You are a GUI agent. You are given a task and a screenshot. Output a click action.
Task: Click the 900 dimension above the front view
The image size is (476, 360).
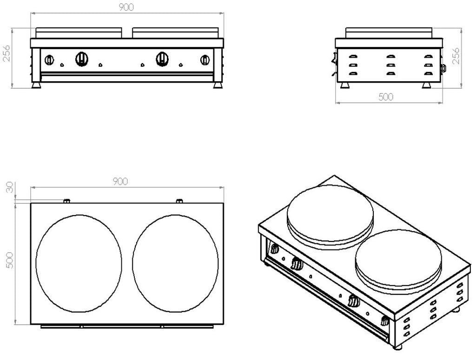[127, 7]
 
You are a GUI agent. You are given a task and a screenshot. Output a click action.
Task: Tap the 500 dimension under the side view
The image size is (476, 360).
[386, 97]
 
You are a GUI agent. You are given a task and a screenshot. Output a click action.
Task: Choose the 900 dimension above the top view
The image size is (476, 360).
[120, 181]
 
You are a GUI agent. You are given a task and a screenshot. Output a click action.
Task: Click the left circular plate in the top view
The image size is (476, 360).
[79, 264]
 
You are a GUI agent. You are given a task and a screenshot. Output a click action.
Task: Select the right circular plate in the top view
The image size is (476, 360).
[175, 264]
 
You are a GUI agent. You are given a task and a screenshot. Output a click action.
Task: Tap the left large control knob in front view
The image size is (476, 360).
[81, 58]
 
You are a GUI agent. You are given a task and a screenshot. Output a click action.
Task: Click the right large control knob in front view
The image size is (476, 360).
[162, 58]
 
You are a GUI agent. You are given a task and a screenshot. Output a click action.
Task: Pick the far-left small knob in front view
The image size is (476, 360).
[49, 59]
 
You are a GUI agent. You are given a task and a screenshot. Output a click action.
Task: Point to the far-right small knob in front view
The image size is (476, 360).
[205, 59]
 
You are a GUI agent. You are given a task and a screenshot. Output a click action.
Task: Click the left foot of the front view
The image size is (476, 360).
[36, 86]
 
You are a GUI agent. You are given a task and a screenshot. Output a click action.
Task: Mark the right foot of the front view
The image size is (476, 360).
[218, 86]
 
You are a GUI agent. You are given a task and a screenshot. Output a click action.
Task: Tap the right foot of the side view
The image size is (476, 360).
[426, 86]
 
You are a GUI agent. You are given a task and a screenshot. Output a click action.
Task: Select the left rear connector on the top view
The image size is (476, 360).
[66, 201]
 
